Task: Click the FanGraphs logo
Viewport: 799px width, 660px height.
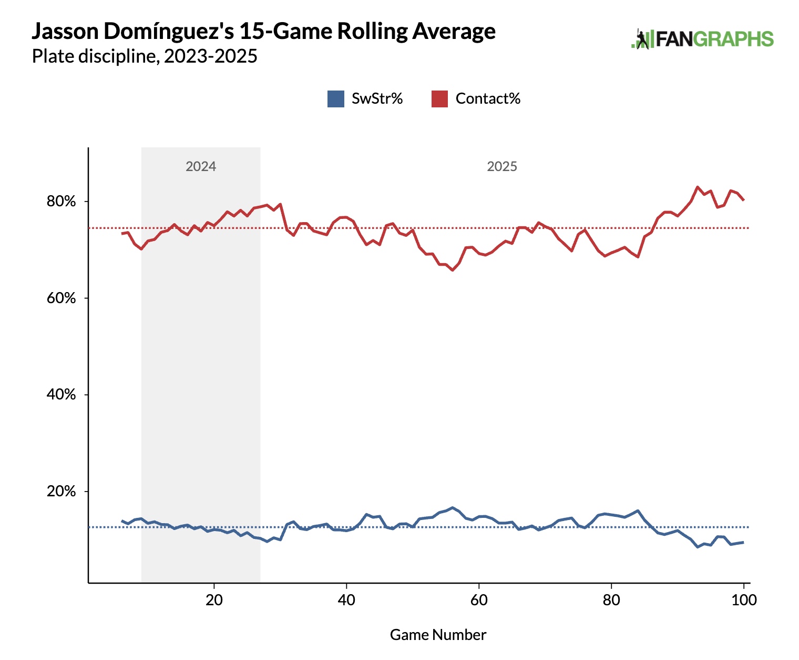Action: pyautogui.click(x=702, y=39)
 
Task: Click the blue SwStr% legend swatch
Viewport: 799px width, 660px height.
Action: pyautogui.click(x=335, y=99)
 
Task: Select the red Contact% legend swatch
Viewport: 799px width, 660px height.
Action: pyautogui.click(x=439, y=99)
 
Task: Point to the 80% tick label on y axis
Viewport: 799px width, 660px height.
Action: pyautogui.click(x=62, y=202)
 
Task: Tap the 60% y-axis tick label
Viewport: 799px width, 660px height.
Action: pyautogui.click(x=62, y=298)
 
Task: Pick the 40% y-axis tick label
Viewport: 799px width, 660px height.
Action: pyautogui.click(x=62, y=395)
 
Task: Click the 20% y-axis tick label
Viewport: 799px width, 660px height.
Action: pyautogui.click(x=62, y=492)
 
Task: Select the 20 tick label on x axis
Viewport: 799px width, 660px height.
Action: pyautogui.click(x=214, y=600)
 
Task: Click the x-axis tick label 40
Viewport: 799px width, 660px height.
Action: pyautogui.click(x=346, y=600)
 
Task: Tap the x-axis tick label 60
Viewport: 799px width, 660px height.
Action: pyautogui.click(x=479, y=600)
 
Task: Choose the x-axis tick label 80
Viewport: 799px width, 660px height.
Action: pyautogui.click(x=611, y=600)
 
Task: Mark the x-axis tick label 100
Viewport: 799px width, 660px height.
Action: pyautogui.click(x=744, y=600)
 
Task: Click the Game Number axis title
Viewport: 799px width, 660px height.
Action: pyautogui.click(x=438, y=635)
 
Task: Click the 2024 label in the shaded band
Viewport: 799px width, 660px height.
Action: pyautogui.click(x=201, y=166)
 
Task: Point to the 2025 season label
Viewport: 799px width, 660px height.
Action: pyautogui.click(x=502, y=166)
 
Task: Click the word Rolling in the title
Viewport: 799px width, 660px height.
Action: pyautogui.click(x=372, y=32)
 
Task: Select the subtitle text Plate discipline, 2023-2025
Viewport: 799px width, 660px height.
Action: pyautogui.click(x=145, y=56)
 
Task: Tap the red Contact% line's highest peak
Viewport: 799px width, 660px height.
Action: pyautogui.click(x=698, y=187)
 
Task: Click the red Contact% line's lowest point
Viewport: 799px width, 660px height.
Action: pyautogui.click(x=452, y=270)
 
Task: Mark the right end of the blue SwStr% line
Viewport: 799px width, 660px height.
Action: pyautogui.click(x=743, y=542)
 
